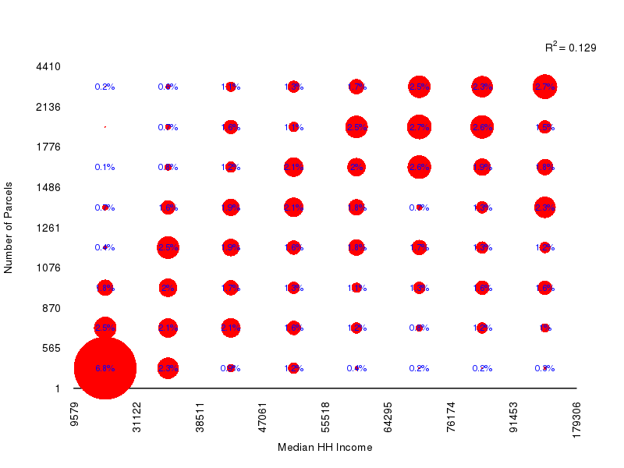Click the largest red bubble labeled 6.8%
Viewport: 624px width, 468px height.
tap(105, 367)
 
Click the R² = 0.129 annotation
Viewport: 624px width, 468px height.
tap(570, 48)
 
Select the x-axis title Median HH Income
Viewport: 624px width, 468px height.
tap(324, 448)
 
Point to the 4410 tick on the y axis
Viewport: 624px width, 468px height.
tap(48, 66)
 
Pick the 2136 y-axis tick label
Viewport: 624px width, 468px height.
tap(48, 107)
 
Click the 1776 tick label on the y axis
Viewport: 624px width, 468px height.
tap(48, 147)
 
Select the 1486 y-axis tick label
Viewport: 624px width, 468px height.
tap(48, 188)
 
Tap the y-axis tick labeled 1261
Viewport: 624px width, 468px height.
tap(48, 228)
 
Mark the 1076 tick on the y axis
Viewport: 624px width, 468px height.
tap(48, 268)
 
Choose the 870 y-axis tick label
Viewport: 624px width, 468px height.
tap(51, 308)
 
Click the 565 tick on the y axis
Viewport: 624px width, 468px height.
tap(51, 348)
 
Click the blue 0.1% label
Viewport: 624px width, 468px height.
tap(105, 167)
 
